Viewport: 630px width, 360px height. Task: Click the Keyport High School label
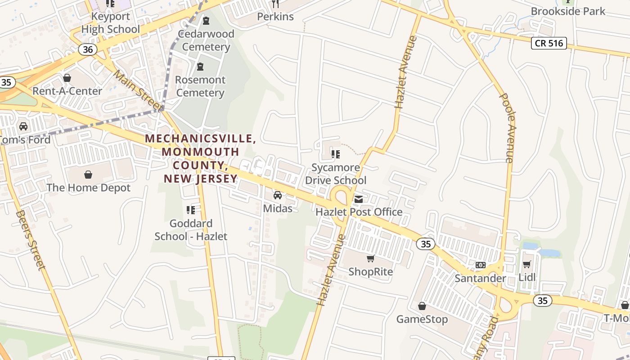click(111, 23)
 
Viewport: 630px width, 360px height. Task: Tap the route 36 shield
click(88, 49)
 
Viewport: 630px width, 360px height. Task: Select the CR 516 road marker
click(549, 43)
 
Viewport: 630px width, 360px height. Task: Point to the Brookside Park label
click(568, 11)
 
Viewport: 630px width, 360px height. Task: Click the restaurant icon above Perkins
click(275, 4)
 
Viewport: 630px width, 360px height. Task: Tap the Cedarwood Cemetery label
click(206, 40)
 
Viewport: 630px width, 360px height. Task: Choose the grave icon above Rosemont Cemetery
click(200, 67)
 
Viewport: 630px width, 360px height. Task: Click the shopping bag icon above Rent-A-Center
click(67, 78)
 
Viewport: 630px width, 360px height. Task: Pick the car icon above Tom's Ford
click(23, 126)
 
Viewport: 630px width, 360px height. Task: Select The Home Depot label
click(89, 188)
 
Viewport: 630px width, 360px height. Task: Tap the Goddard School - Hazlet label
click(191, 229)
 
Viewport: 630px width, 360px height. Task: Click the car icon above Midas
click(278, 195)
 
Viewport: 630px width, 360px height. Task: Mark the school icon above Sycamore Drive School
click(335, 154)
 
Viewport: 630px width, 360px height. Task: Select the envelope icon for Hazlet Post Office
click(359, 199)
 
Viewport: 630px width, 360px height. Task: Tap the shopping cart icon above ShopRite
click(370, 258)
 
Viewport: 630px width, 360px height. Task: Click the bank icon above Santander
click(480, 265)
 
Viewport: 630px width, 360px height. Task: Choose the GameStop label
click(422, 319)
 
